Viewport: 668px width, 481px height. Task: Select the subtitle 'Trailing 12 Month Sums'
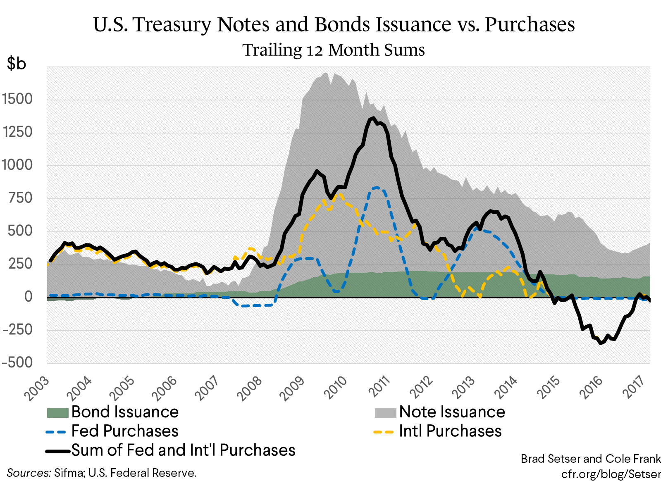pos(333,50)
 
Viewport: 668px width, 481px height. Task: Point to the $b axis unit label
pos(17,63)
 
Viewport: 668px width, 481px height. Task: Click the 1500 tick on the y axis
pos(17,99)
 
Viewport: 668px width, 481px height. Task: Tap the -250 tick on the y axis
pos(17,330)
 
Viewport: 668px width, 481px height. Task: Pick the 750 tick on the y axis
pos(20,198)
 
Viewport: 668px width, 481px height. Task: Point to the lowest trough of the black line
pos(601,343)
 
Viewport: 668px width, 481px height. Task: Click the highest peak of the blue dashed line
pos(376,188)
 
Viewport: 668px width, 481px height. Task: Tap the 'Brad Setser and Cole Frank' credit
pos(591,459)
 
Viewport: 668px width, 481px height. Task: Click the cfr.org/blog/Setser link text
pos(611,474)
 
